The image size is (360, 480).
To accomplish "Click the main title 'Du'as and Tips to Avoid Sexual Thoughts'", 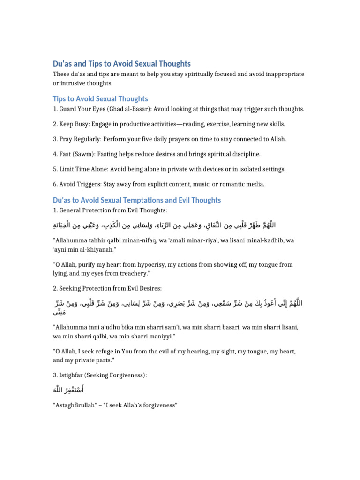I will (x=122, y=63).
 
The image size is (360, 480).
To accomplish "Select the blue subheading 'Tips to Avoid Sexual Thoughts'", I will (x=100, y=98).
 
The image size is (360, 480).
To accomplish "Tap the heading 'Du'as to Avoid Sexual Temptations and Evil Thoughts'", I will (x=137, y=200).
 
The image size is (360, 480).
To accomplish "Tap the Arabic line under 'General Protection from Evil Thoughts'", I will (x=164, y=225).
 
